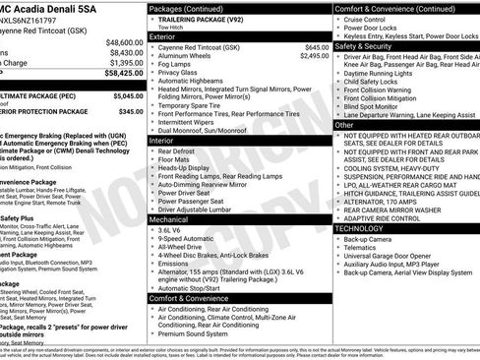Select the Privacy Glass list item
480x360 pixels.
[183, 73]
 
